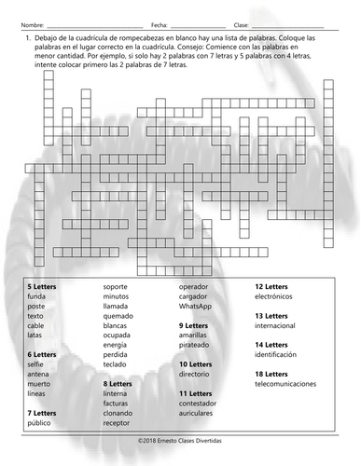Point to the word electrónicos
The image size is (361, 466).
point(279,297)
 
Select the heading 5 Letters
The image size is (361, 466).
point(42,287)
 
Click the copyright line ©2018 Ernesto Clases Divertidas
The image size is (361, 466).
point(180,436)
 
